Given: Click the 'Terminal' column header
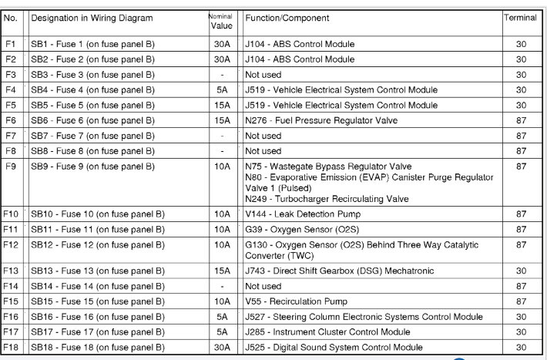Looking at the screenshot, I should click(x=520, y=18).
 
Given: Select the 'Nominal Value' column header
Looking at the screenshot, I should click(x=221, y=21).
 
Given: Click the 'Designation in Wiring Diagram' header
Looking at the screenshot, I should click(x=92, y=18).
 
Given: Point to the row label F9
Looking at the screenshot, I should click(x=10, y=167).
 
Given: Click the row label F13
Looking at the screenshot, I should click(x=11, y=271).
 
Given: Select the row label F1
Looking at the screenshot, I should click(x=10, y=44).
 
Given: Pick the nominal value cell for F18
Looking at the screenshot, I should click(x=221, y=348).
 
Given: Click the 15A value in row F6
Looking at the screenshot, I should click(x=221, y=120).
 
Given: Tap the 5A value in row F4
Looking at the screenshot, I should click(x=221, y=90).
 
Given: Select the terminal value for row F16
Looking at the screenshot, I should click(x=522, y=317).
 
